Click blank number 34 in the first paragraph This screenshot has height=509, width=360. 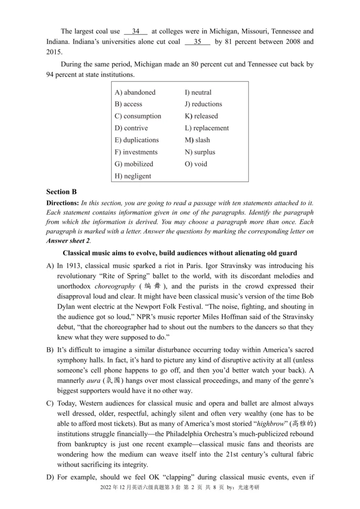point(136,31)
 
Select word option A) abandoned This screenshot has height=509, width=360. point(135,92)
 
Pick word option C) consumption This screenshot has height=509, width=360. point(138,116)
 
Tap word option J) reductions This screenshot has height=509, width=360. point(203,104)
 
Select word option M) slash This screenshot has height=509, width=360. point(197,140)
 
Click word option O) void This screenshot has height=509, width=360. point(196,164)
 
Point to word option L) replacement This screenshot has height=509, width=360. point(207,128)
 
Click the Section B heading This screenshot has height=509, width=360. point(61,192)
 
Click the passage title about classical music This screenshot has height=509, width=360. point(180,253)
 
